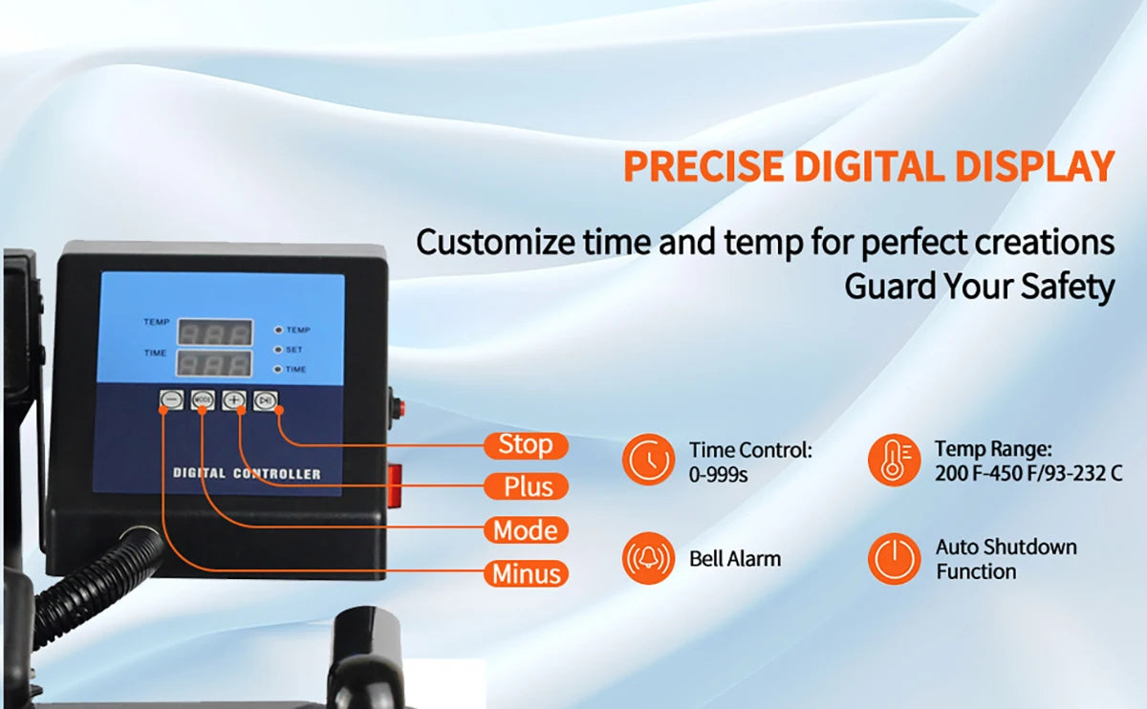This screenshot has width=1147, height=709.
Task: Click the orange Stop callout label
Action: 526,445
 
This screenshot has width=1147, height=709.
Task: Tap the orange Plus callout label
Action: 526,486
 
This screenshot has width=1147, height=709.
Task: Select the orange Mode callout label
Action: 526,529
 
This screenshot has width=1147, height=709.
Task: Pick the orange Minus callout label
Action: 526,573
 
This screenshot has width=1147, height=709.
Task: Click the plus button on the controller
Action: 234,399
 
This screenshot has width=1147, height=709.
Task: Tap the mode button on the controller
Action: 203,399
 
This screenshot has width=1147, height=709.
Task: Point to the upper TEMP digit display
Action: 215,333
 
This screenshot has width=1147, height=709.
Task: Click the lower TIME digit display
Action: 214,364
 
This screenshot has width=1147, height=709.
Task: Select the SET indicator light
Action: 278,350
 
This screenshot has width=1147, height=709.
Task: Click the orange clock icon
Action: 648,460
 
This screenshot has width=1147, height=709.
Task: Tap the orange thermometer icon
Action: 894,460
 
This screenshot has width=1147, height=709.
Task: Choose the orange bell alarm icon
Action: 648,558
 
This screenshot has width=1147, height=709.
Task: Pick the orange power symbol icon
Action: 894,558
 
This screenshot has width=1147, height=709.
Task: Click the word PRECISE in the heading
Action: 703,166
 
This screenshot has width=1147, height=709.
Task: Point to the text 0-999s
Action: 718,475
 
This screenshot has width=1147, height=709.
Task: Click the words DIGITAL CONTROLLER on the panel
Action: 247,474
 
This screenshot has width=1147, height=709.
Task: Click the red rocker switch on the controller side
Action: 395,485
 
